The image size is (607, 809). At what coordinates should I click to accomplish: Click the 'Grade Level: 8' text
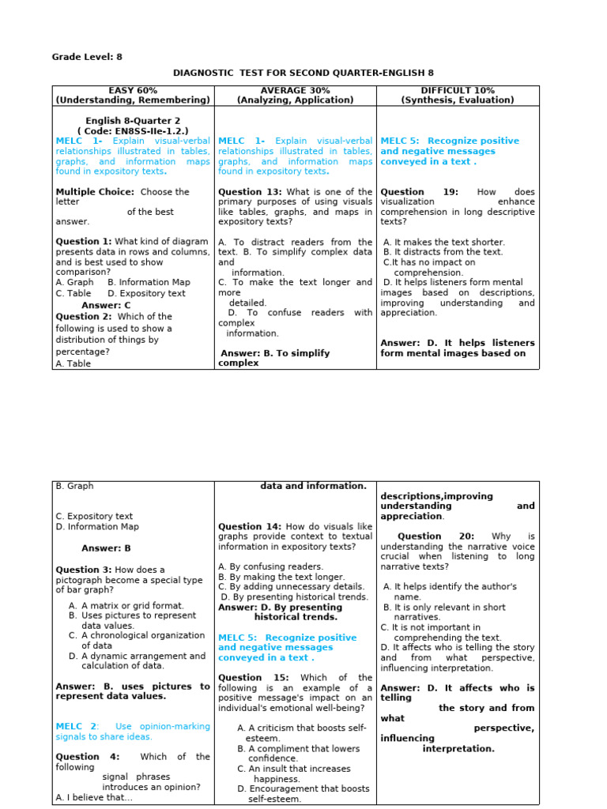pyautogui.click(x=87, y=57)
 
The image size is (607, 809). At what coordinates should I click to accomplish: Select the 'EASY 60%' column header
pyautogui.click(x=133, y=91)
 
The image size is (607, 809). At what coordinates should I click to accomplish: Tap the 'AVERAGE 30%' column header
pyautogui.click(x=296, y=91)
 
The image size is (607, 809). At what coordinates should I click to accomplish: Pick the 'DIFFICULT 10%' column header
pyautogui.click(x=458, y=91)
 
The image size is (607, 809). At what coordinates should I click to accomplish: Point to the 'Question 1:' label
pyautogui.click(x=84, y=242)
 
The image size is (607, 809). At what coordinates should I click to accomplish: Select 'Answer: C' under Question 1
pyautogui.click(x=106, y=305)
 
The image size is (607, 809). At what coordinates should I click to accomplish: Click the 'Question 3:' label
pyautogui.click(x=84, y=570)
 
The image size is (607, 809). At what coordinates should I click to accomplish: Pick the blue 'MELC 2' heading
pyautogui.click(x=77, y=726)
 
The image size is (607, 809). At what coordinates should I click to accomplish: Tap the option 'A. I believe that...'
pyautogui.click(x=94, y=798)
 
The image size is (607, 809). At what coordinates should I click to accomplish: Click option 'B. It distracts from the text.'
pyautogui.click(x=443, y=252)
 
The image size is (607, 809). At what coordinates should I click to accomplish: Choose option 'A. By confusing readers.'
pyautogui.click(x=259, y=566)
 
